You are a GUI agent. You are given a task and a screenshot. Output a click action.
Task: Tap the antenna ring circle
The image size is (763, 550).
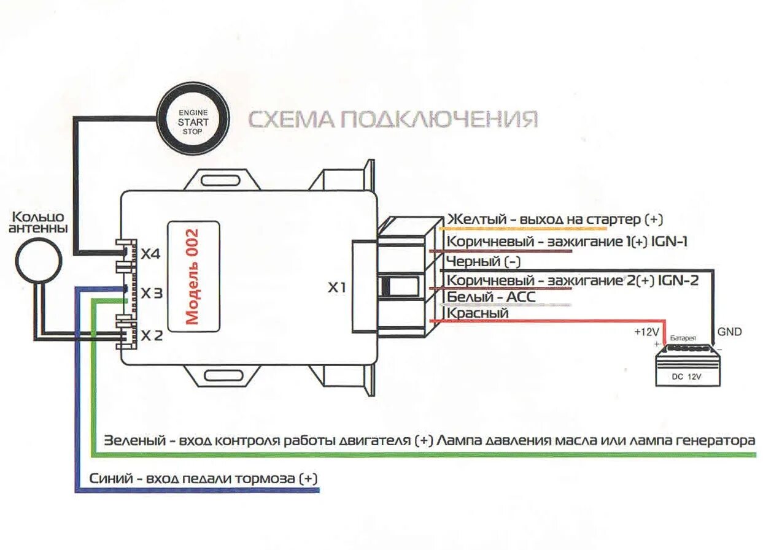[38, 258]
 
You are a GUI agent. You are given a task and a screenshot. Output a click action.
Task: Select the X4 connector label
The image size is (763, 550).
[151, 253]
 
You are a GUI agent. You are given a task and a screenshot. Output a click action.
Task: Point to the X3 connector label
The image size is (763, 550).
[151, 294]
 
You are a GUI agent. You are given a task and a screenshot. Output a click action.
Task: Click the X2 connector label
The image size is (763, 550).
[151, 335]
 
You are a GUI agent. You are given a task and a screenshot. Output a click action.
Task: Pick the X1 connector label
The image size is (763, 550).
[336, 287]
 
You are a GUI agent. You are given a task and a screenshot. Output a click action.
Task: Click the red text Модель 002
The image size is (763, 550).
[193, 277]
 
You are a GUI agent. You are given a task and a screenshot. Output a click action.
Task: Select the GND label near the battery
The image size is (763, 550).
[729, 332]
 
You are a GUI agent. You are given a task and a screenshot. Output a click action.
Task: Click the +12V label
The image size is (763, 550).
[647, 332]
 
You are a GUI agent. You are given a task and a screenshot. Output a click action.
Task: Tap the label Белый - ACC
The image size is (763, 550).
[491, 297]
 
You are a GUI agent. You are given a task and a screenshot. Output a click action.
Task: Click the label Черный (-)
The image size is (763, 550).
[484, 262]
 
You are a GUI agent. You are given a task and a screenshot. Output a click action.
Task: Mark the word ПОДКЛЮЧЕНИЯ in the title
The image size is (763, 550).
[439, 119]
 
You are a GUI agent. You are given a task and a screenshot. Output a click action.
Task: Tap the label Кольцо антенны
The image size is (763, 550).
[38, 223]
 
